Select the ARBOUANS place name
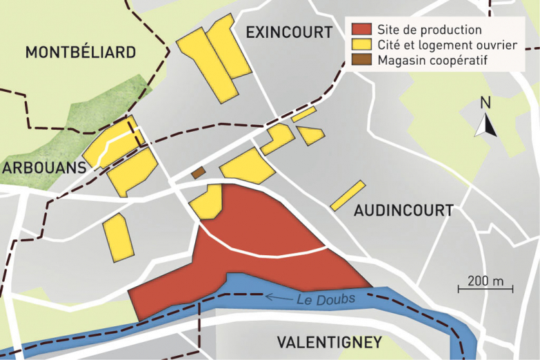tap(43, 168)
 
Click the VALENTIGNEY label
tap(329, 342)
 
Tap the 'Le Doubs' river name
tap(326, 299)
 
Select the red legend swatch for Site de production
tap(361, 30)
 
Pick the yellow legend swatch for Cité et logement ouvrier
tap(361, 45)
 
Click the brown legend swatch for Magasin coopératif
tap(361, 60)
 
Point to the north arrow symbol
tap(486, 125)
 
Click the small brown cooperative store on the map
tap(198, 172)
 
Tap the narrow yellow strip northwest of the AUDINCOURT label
tap(348, 195)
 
